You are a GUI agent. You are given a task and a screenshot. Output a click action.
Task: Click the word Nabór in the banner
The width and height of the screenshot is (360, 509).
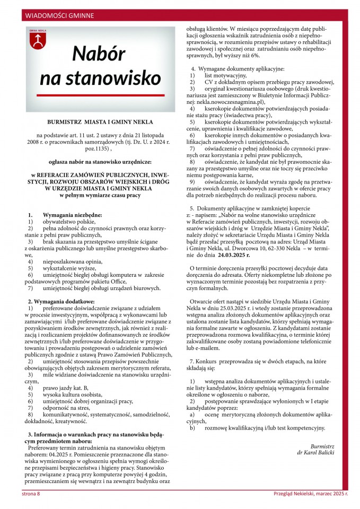coord(99,54)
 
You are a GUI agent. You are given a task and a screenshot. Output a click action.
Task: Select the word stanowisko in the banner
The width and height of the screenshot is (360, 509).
coord(100,77)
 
